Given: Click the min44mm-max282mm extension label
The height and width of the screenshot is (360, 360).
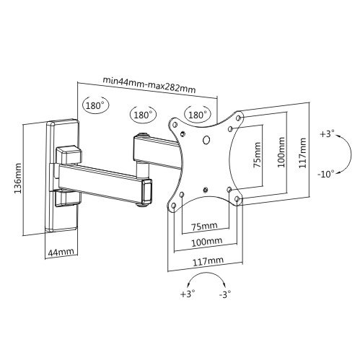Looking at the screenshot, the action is pos(149,84).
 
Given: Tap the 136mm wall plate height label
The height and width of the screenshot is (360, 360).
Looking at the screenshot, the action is pos(18,178).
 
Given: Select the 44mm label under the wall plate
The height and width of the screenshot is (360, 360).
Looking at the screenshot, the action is pos(61,253).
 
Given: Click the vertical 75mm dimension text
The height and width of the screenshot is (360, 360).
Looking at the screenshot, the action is pos(257,155).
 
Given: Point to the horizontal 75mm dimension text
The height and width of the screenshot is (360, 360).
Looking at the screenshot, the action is pos(204,226).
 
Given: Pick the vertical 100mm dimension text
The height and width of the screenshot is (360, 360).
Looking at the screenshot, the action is pos(281,152).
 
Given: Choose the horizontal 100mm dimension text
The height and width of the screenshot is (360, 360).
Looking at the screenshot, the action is pos(206,242).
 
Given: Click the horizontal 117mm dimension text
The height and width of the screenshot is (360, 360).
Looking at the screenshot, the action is pos(208,261).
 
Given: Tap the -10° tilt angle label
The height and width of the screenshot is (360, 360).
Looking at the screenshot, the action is pos(326,174).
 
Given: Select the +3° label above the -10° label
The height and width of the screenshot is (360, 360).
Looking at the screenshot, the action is pos(327,133).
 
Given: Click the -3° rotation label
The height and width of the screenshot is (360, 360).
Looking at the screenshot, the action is pos(225,294).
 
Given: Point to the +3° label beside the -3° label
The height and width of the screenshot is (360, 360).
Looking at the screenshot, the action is pos(188,294).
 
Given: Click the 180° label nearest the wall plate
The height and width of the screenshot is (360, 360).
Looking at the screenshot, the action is pos(95,105).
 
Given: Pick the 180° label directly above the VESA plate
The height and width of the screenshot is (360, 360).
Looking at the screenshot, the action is pos(198,115).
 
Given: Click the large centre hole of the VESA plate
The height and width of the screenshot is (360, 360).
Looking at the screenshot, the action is pos(206,140).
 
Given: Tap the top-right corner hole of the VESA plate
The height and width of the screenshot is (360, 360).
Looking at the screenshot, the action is pos(239,118).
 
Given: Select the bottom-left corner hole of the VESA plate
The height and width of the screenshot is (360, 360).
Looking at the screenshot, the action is pos(174,206).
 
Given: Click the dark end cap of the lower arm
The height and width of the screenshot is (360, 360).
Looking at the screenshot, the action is pos(146,191).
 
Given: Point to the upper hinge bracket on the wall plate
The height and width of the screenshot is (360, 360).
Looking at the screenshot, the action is pos(69,154).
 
